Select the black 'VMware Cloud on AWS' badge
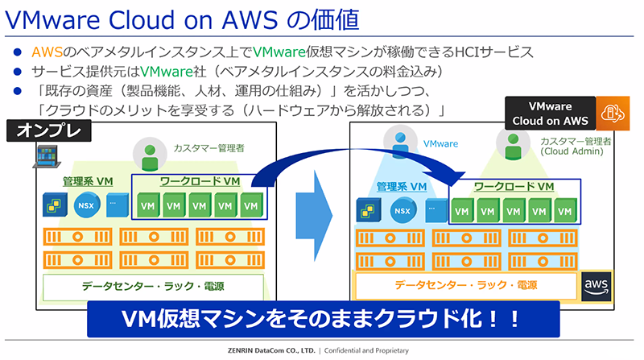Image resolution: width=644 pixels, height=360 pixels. tap(549, 114)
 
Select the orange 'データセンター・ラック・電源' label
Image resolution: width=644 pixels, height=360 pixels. tap(466, 285)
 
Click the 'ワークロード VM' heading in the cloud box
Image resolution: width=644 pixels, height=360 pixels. tap(514, 187)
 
